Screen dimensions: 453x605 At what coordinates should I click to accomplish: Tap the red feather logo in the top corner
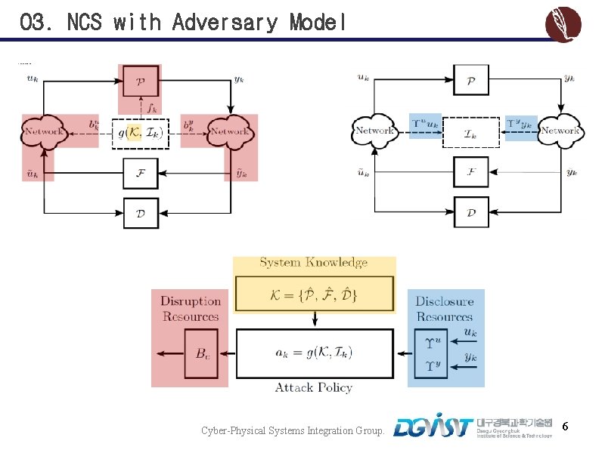563,24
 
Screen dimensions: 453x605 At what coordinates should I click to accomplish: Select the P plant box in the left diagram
141,80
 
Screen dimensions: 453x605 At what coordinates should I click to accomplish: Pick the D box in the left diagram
141,212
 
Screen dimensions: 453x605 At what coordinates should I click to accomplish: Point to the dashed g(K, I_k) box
140,133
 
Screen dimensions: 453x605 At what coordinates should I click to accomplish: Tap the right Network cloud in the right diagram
560,131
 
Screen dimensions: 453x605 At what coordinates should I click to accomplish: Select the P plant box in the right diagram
470,80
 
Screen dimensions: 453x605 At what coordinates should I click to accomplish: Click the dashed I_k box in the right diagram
470,133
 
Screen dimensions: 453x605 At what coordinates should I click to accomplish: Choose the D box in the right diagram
470,212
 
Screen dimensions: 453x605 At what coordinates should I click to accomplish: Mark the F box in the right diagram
470,172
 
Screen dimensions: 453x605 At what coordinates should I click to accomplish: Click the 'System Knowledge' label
314,263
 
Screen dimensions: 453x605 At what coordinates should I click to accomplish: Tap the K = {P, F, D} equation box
314,294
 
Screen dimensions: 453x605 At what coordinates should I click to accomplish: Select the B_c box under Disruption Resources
203,353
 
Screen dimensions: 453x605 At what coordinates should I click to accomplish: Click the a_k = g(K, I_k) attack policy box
314,353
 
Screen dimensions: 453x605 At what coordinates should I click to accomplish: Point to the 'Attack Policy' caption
314,387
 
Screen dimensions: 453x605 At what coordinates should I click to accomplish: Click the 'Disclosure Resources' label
445,309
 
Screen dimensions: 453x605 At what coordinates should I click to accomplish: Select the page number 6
565,428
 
